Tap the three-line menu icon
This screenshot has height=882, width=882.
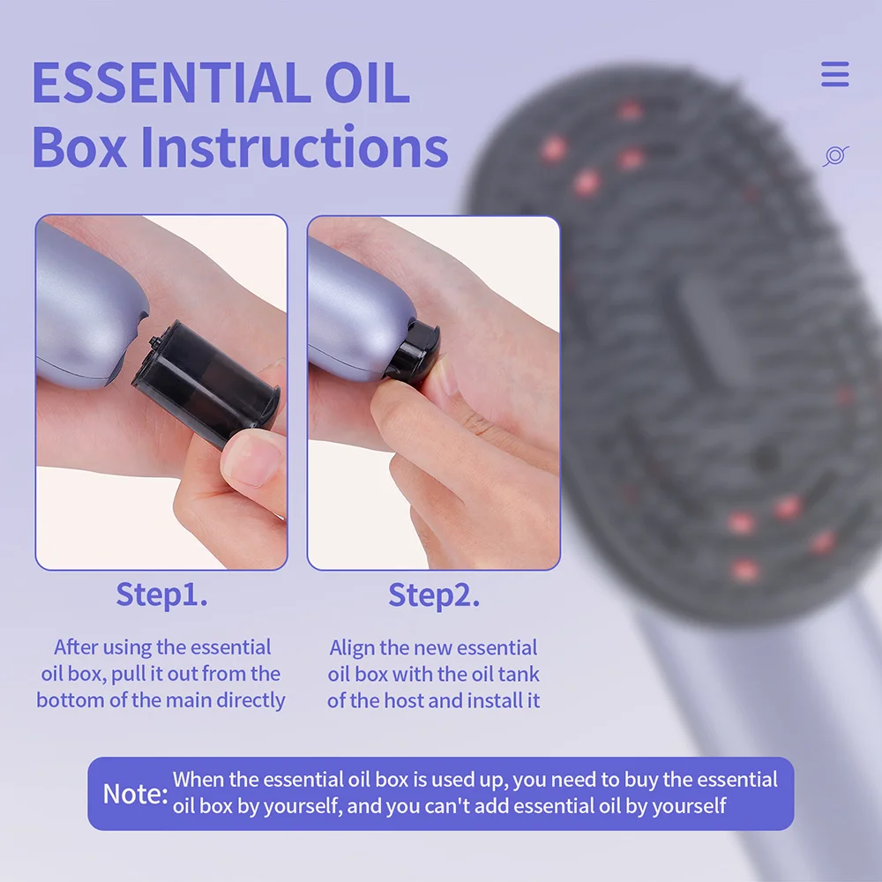point(834,74)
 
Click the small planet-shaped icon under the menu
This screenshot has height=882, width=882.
point(834,156)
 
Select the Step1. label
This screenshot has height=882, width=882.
point(161,595)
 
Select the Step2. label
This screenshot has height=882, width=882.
point(434,595)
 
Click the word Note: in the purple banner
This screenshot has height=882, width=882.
point(135,793)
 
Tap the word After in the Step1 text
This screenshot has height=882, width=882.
point(76,647)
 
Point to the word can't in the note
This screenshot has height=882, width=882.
point(477,806)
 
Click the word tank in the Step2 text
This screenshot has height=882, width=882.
point(520,675)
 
